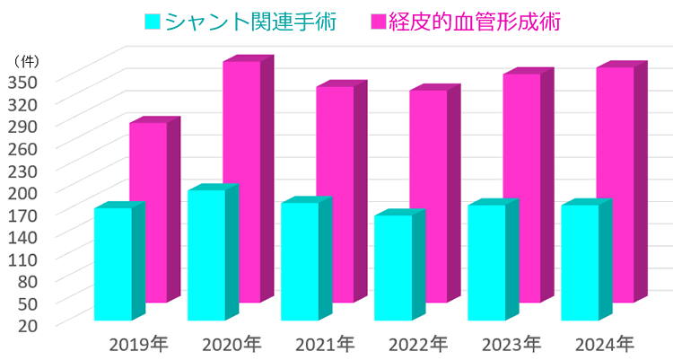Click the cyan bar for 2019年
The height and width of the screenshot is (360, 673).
click(x=112, y=264)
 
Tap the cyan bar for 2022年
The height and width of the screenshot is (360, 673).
click(x=393, y=268)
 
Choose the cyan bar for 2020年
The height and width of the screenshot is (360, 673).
click(x=205, y=255)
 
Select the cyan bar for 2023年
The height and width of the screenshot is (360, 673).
click(x=486, y=262)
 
